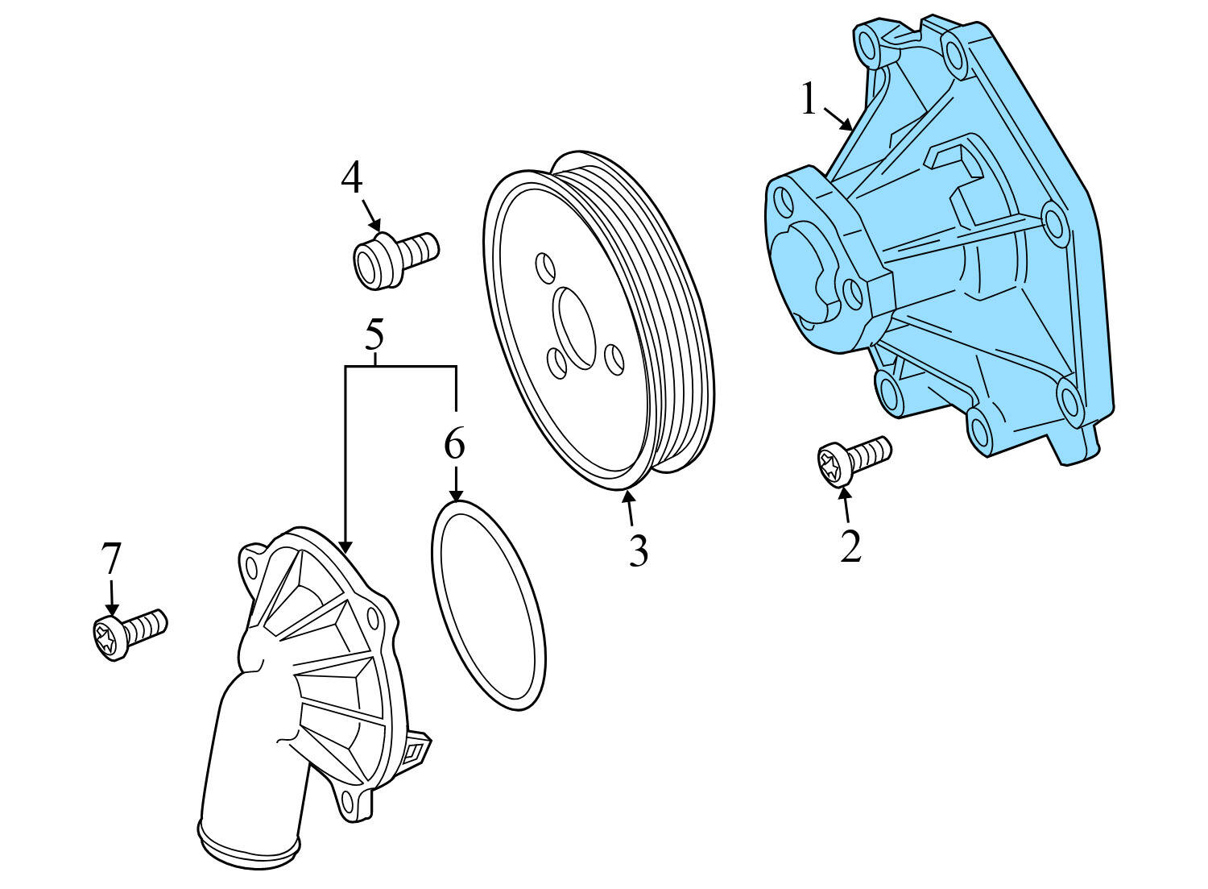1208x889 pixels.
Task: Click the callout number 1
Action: click(x=809, y=101)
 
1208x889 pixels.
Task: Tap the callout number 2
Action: click(x=850, y=546)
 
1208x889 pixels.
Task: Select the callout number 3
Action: click(x=638, y=551)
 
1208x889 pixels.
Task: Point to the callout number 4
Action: click(x=352, y=178)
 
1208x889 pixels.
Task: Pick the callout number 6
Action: click(x=455, y=444)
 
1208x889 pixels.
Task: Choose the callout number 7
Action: click(x=110, y=559)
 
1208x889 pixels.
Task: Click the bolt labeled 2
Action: click(x=854, y=460)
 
